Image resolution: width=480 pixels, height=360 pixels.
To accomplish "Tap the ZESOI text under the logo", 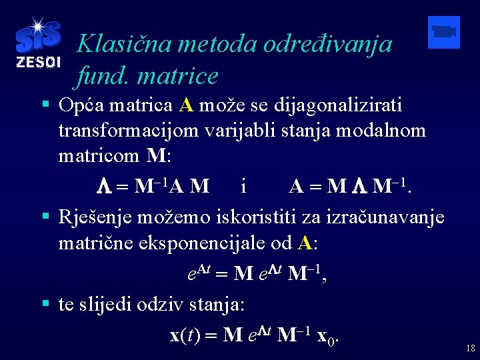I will (x=37, y=63).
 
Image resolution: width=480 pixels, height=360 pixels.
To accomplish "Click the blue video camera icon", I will (x=443, y=32).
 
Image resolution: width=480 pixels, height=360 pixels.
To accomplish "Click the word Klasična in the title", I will (x=119, y=44).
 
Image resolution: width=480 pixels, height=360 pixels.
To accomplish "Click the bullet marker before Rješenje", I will (x=45, y=216).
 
